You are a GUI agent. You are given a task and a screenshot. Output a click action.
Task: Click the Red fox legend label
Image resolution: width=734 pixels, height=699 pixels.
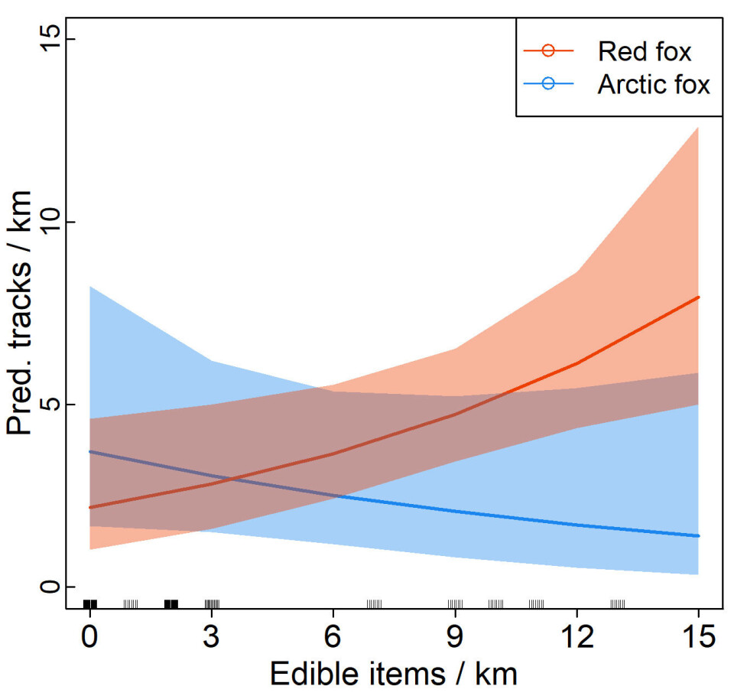[645, 52]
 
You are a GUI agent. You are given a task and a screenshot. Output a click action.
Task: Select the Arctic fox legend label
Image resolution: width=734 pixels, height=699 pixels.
[654, 84]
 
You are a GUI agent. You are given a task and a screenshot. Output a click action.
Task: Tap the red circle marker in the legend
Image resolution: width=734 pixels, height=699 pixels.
[547, 51]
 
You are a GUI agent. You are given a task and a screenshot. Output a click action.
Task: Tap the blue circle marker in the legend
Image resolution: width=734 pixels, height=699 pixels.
[547, 84]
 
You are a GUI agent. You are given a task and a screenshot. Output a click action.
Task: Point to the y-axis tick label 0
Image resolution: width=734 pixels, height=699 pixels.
[47, 587]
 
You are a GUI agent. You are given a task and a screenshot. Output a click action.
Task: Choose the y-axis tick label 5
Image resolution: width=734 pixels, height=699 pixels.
[47, 405]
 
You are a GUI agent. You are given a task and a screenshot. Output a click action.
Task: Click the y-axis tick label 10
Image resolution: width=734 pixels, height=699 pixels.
[47, 223]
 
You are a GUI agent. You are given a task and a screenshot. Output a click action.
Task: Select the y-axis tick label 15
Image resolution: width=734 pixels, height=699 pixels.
[47, 41]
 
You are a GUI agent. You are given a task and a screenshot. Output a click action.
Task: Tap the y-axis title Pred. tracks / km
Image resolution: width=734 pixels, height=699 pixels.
[21, 314]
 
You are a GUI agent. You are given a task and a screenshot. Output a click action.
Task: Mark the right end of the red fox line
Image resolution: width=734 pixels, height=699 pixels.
[698, 297]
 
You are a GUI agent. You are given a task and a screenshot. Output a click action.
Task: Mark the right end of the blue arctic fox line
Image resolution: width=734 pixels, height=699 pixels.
[698, 535]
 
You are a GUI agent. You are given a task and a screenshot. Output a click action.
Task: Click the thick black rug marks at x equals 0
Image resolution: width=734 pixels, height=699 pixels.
[90, 604]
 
